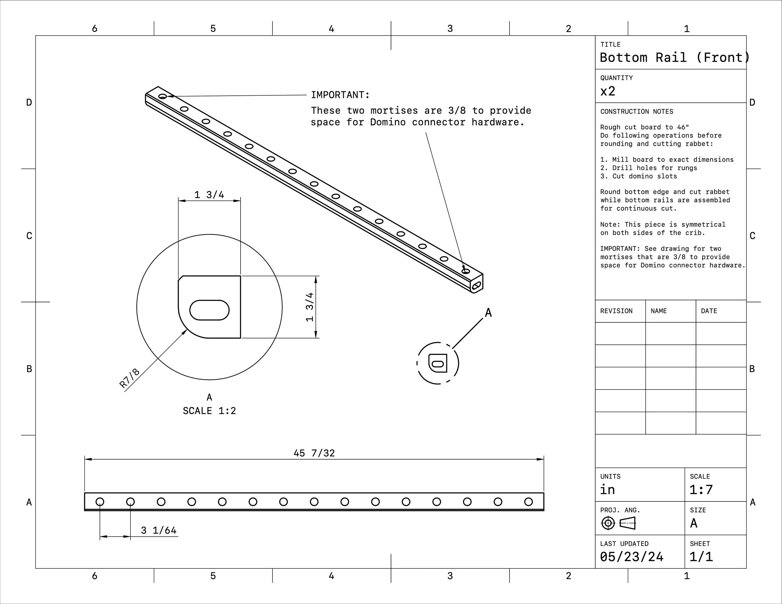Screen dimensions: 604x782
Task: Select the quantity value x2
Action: (608, 91)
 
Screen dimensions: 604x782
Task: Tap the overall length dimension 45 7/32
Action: (314, 453)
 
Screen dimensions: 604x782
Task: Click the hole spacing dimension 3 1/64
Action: (159, 530)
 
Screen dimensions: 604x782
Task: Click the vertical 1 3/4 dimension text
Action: (310, 307)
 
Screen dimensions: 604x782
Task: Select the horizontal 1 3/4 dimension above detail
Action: (209, 195)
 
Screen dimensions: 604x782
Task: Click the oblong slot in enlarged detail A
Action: (210, 310)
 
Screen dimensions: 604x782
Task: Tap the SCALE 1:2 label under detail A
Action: (210, 411)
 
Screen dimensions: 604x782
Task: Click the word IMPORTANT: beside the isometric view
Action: (340, 95)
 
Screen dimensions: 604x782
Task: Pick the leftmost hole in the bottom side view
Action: (100, 502)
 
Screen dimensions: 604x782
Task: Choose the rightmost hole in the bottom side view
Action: (529, 502)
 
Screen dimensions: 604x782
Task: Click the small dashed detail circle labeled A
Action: (438, 363)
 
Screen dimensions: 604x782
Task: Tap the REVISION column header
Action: (616, 311)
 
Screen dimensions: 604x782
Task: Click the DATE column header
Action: (708, 311)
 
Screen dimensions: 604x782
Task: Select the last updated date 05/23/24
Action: (632, 557)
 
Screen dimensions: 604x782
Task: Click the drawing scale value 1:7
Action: (701, 490)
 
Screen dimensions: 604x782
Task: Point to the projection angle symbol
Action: (618, 523)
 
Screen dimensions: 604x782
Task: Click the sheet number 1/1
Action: (701, 557)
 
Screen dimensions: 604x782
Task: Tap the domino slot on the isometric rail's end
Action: (477, 285)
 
